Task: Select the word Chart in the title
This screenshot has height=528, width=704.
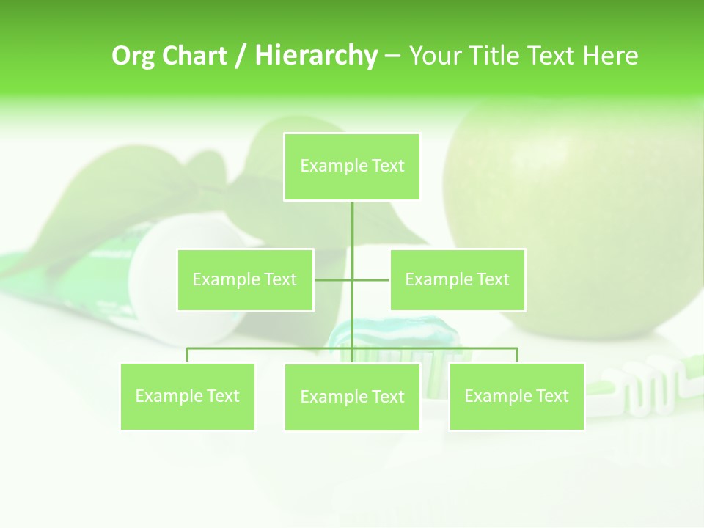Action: tap(195, 56)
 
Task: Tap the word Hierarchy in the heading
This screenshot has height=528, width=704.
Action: tap(316, 56)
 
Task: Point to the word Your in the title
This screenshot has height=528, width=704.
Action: tap(434, 56)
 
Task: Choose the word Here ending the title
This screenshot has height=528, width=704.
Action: tap(610, 56)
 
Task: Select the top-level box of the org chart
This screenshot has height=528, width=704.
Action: tap(352, 166)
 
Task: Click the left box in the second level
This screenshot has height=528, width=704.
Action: tap(245, 279)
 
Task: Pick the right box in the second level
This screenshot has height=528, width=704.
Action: tap(458, 279)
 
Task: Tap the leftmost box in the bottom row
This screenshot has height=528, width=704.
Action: tap(188, 396)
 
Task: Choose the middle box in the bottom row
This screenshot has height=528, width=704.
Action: tap(352, 397)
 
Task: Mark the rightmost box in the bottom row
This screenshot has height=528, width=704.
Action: tap(516, 396)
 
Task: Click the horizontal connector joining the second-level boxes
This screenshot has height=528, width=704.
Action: tap(334, 279)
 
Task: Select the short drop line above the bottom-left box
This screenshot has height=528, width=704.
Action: tap(188, 355)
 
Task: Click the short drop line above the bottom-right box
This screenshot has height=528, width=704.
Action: tap(517, 355)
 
